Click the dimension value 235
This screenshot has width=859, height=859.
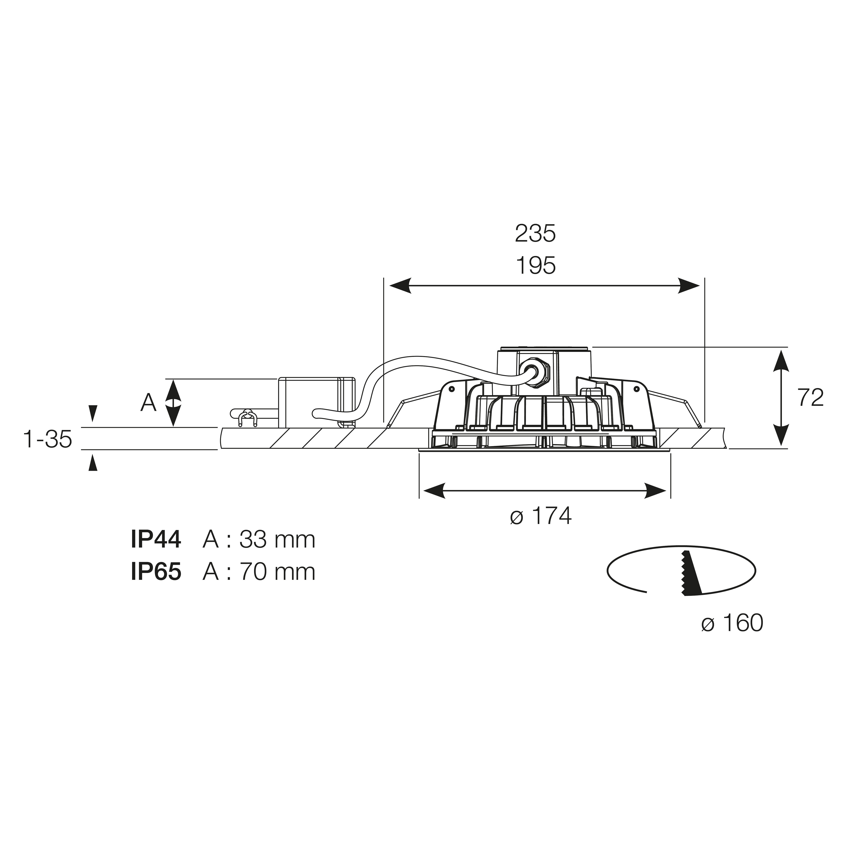coord(535,233)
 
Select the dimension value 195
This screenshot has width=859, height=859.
coord(535,266)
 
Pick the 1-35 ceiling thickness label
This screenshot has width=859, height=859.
coord(48,439)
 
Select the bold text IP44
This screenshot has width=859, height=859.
coord(156,539)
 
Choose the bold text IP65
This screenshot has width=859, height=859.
coord(156,572)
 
